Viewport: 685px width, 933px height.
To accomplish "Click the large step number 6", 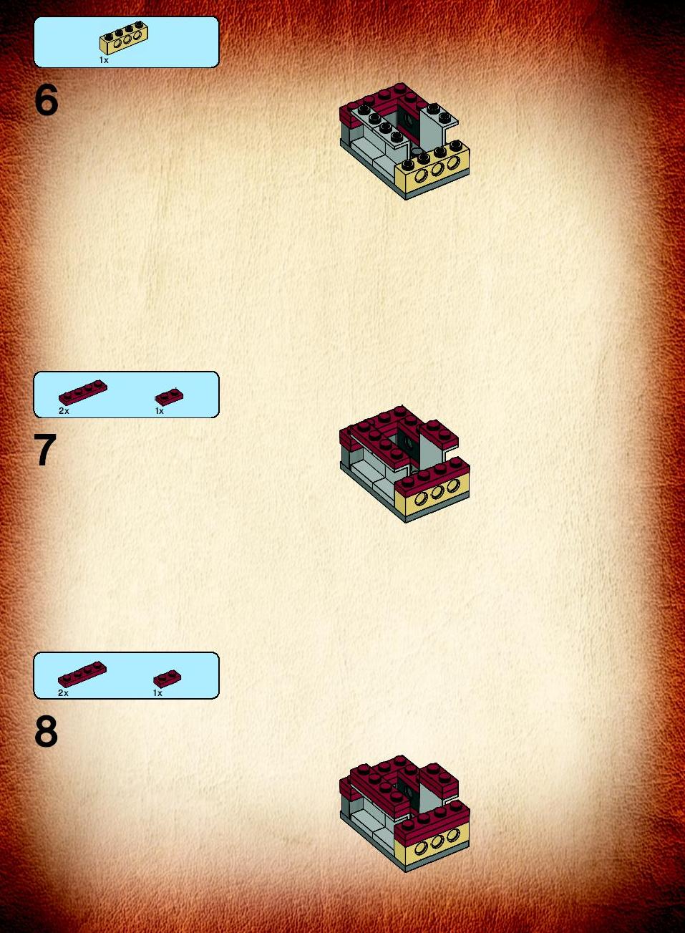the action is (x=47, y=100).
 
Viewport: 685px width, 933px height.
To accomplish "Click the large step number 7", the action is (x=45, y=450).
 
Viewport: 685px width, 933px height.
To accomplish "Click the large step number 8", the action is (x=46, y=731).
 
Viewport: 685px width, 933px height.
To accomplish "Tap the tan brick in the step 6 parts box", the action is (x=124, y=39).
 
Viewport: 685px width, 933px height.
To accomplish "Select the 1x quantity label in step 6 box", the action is (x=104, y=60).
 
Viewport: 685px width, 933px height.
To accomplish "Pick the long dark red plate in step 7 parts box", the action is (x=83, y=392).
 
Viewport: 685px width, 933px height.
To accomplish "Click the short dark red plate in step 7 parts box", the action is (x=169, y=396).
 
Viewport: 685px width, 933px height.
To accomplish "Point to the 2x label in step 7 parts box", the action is (x=64, y=411).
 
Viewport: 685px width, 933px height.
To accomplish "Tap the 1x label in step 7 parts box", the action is (x=160, y=411).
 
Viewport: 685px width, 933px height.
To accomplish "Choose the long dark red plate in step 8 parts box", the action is (x=82, y=675).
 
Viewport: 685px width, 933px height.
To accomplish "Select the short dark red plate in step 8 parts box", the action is (x=167, y=679).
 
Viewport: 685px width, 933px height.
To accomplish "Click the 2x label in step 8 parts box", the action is (x=63, y=693).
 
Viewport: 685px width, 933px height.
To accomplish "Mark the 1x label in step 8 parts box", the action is (x=157, y=693).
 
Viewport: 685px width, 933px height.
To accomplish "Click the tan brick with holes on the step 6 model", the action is (x=432, y=166).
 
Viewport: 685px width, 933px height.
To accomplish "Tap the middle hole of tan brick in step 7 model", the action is (x=437, y=492).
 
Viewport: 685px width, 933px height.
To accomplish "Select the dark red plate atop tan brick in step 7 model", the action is (x=432, y=475).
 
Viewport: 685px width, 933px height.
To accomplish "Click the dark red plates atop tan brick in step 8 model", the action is (x=432, y=821).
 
